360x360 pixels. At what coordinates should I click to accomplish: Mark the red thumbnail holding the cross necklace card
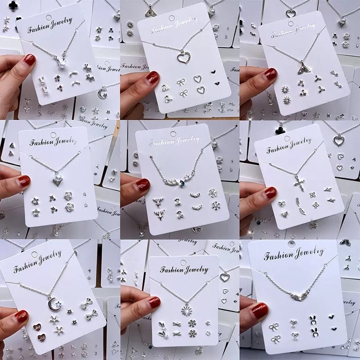click(x=270, y=193)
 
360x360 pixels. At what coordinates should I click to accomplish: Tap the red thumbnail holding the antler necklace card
click(x=143, y=184)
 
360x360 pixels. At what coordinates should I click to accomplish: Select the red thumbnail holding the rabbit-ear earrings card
click(x=260, y=310)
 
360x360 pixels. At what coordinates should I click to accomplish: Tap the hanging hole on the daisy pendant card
click(x=183, y=261)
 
